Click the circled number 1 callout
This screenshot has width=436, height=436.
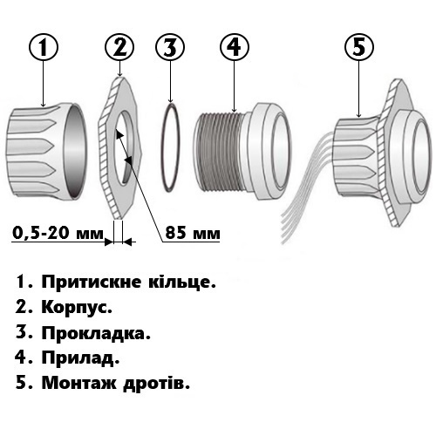pos(44,47)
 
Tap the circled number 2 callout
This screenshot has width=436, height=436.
pos(119,47)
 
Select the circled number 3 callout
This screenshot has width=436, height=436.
pos(170,47)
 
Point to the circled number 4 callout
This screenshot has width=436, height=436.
pos(235,47)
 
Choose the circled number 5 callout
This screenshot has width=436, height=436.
pos(359,47)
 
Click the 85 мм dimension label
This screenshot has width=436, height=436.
pos(193,233)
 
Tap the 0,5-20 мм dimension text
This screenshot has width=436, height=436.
pos(58,233)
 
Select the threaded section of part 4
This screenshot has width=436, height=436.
pos(219,151)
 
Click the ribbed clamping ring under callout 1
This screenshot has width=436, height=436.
pos(46,151)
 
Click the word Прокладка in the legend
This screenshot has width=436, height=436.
pos(96,333)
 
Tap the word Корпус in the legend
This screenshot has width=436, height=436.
pos(77,308)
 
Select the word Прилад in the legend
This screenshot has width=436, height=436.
pos(80,358)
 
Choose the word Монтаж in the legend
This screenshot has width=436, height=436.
pos(79,384)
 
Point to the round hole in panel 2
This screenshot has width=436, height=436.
pos(124,147)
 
